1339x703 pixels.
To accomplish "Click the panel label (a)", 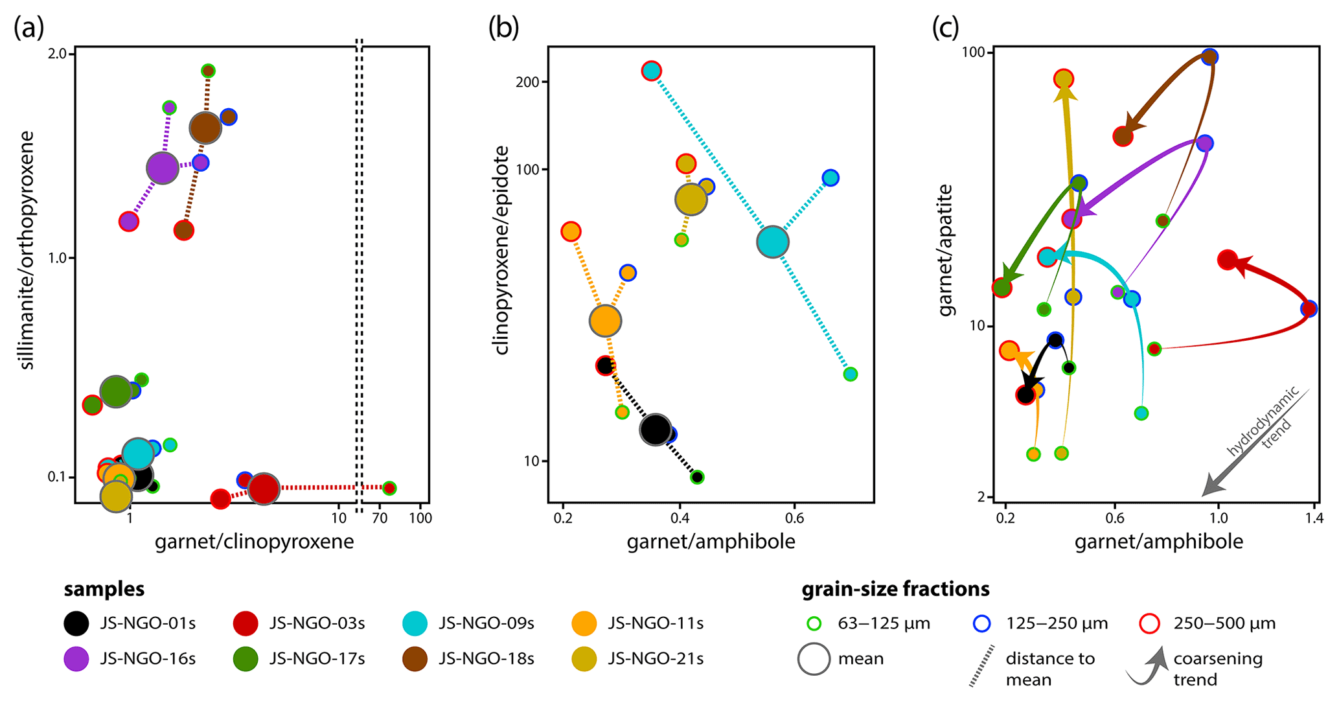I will (x=29, y=29).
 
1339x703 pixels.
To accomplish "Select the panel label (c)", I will (x=945, y=29).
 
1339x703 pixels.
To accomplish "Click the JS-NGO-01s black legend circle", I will (x=76, y=623).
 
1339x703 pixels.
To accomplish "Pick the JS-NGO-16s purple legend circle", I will (x=76, y=659).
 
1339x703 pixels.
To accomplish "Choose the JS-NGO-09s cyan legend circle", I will (x=415, y=623).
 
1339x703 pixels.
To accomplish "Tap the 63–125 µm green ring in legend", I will (x=814, y=624).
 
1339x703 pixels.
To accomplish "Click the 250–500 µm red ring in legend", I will (x=1150, y=624).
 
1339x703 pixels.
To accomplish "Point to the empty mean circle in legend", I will (x=814, y=659).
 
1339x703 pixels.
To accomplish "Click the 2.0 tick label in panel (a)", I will (x=58, y=54).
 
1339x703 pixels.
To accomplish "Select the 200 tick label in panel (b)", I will (x=529, y=82).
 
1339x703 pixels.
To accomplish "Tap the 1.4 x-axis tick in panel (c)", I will (x=1314, y=518).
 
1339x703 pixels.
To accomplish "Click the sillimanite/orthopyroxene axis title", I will (x=27, y=250).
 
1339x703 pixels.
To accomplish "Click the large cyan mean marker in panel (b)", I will (x=772, y=242).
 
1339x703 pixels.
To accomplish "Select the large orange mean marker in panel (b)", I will (x=605, y=321).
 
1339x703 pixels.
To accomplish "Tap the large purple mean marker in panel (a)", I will (x=162, y=168).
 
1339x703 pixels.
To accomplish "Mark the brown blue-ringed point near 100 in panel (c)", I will (x=1209, y=57).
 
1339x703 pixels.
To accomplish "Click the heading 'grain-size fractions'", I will (x=895, y=589).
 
